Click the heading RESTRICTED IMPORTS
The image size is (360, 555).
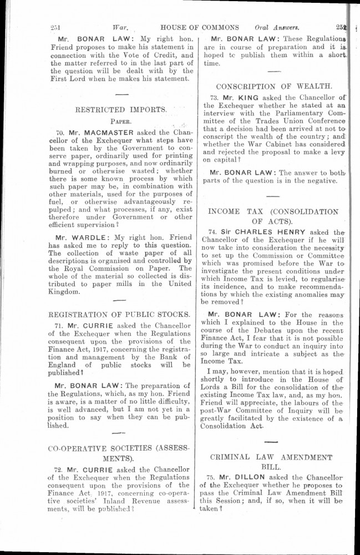120,109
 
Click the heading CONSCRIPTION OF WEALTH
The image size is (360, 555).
274,87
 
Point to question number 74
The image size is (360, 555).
212,231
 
